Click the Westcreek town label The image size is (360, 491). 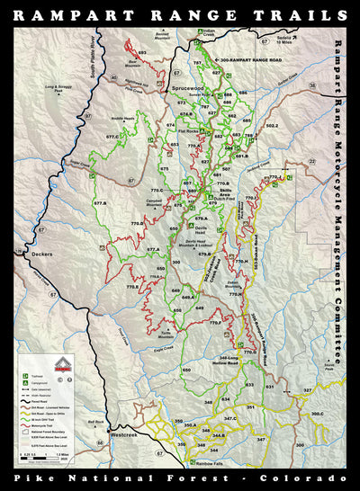[122, 434]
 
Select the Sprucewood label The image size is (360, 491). [184, 90]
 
